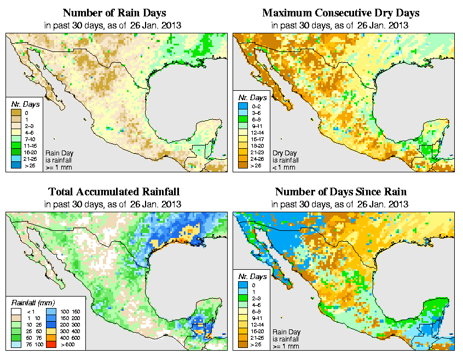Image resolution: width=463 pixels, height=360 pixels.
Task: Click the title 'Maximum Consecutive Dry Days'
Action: click(341, 13)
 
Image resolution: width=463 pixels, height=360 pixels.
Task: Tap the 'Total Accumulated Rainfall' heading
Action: click(114, 192)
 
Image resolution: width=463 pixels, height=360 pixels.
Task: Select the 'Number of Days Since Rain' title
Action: click(341, 192)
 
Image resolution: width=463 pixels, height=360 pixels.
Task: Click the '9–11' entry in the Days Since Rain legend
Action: click(247, 317)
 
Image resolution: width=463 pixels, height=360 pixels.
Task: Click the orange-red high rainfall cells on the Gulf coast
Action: click(180, 240)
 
